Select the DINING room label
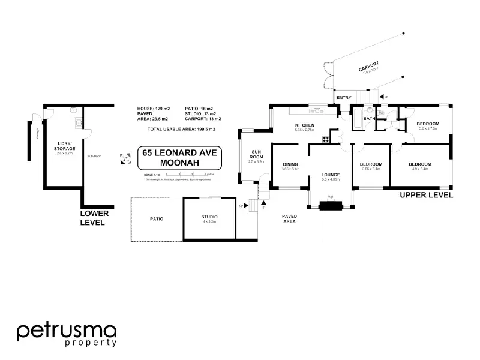click(x=290, y=164)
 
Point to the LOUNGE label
click(x=331, y=175)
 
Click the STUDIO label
click(x=209, y=217)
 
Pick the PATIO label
click(x=157, y=219)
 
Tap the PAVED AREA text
click(x=290, y=218)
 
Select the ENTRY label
click(x=344, y=97)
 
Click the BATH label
click(x=369, y=119)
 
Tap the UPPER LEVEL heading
click(x=426, y=195)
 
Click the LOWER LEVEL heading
click(x=95, y=217)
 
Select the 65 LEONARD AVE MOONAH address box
click(x=180, y=159)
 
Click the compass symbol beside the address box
click(x=125, y=159)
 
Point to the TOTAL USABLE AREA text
click(x=181, y=129)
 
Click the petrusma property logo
click(x=66, y=334)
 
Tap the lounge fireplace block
click(x=330, y=206)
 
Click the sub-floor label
click(x=94, y=155)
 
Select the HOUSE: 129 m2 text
click(x=154, y=109)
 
